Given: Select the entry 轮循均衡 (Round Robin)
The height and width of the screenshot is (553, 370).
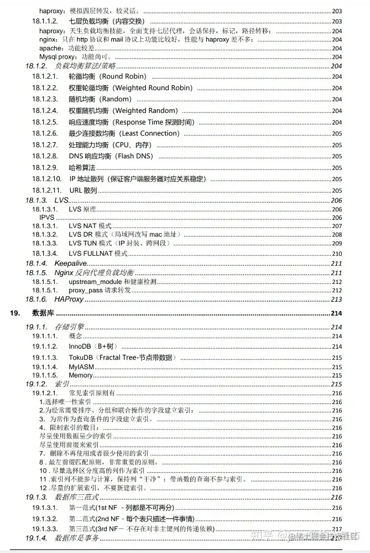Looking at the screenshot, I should (x=108, y=76).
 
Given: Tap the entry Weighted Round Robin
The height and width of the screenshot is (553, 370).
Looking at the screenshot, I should (x=131, y=88).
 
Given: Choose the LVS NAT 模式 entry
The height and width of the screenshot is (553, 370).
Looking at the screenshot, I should (x=90, y=226).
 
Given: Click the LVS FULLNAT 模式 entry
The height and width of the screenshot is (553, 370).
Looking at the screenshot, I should (x=98, y=254).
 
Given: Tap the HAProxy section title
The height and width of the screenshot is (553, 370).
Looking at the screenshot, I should (x=69, y=299).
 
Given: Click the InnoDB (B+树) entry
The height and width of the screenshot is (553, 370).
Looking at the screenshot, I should (x=93, y=346).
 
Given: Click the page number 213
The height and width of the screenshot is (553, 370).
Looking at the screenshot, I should (x=336, y=299).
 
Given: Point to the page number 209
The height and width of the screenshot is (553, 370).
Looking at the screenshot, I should (x=337, y=244).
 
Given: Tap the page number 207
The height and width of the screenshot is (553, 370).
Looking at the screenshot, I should (x=337, y=226).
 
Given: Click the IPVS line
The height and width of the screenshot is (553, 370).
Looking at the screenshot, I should (x=47, y=218).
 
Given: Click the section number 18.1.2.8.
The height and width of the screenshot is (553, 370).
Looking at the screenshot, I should (x=45, y=156).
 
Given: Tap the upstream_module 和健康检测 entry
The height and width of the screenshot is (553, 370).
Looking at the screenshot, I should (x=112, y=282).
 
